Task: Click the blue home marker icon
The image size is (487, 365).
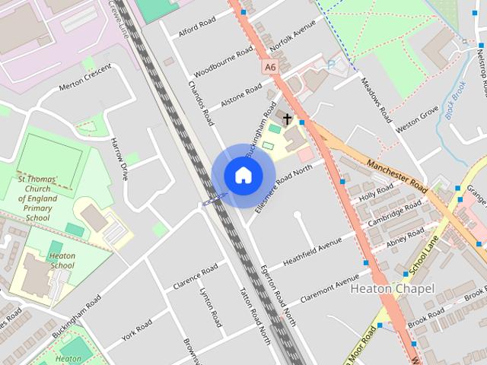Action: (x=243, y=175)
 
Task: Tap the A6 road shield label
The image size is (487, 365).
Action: (x=270, y=68)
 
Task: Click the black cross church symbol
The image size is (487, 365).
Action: (x=287, y=119)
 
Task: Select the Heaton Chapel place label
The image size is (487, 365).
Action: (x=392, y=289)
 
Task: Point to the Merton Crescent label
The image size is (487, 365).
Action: (x=85, y=77)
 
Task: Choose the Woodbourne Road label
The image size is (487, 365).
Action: (x=223, y=62)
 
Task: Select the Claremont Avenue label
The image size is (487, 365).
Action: (x=329, y=288)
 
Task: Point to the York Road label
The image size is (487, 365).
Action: (x=138, y=330)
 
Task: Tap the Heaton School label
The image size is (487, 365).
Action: (x=62, y=261)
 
